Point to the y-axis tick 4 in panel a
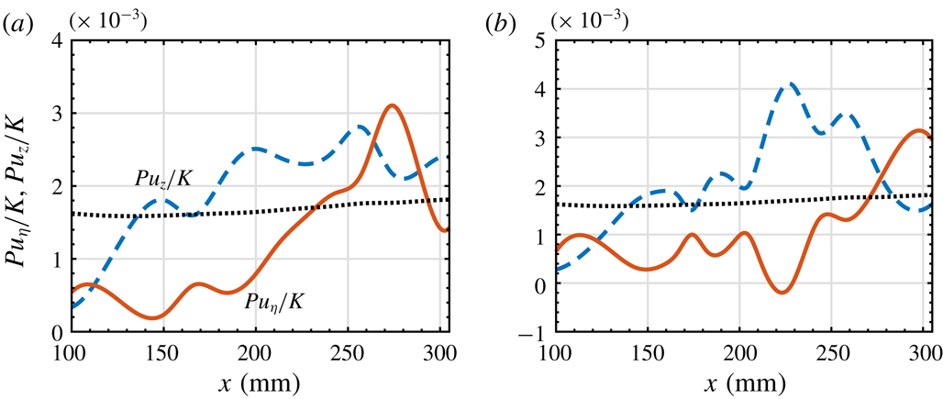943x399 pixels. [52, 40]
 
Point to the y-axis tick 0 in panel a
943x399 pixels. [52, 332]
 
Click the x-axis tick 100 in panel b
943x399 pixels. [554, 353]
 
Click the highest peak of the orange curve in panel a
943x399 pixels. [393, 105]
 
